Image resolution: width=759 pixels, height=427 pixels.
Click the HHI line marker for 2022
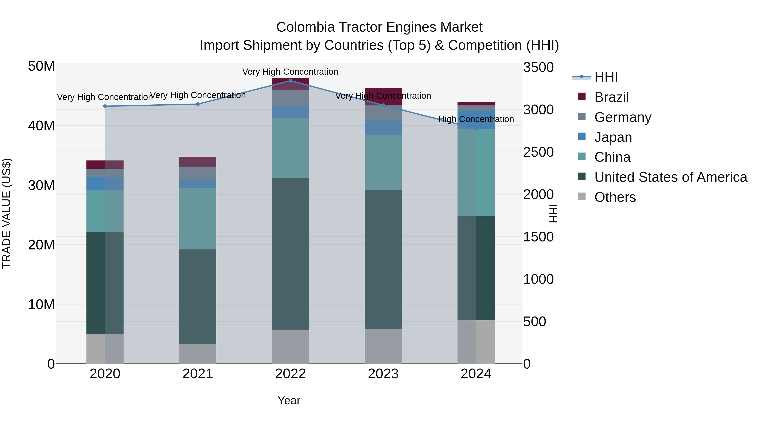(x=290, y=81)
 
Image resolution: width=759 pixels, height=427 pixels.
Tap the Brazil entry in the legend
(x=611, y=97)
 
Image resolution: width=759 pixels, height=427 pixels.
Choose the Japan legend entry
(x=613, y=137)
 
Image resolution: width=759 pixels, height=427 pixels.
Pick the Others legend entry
(x=615, y=197)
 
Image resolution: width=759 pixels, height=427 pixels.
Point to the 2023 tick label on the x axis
(x=383, y=374)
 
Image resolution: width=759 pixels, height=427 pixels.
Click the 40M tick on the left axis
(x=41, y=126)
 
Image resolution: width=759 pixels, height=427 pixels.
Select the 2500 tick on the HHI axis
(x=538, y=152)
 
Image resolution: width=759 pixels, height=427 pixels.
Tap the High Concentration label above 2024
(x=476, y=119)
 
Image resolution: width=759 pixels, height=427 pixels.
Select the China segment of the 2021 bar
(x=198, y=219)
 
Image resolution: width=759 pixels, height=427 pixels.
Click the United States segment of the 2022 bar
(x=290, y=253)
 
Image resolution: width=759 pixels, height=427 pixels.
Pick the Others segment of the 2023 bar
(x=383, y=346)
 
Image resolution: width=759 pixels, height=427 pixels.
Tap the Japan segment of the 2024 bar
(x=476, y=120)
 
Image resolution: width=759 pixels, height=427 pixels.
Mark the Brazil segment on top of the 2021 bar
(x=198, y=162)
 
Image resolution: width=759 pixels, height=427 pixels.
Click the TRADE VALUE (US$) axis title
(x=7, y=213)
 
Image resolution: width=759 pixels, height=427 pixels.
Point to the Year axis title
(x=289, y=400)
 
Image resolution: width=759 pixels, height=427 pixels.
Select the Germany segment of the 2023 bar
(x=383, y=113)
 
